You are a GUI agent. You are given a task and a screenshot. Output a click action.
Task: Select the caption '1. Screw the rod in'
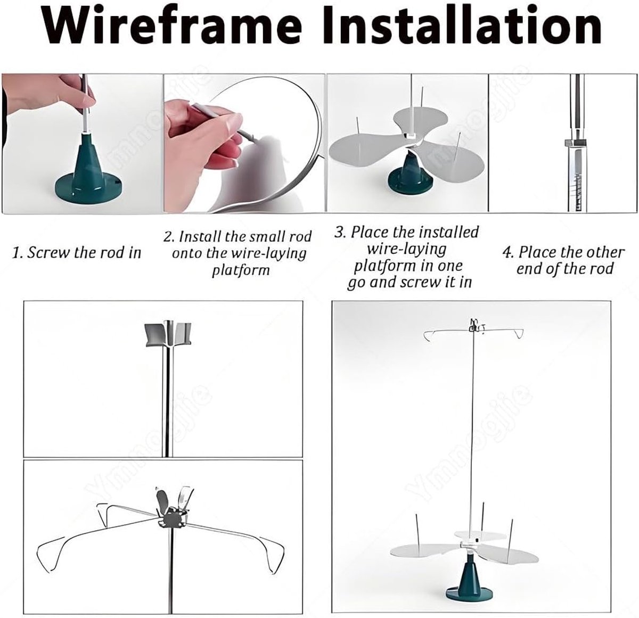(77, 252)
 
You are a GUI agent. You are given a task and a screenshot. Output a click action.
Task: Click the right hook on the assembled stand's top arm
(519, 334)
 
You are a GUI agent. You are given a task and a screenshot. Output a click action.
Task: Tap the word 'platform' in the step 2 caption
(241, 271)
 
